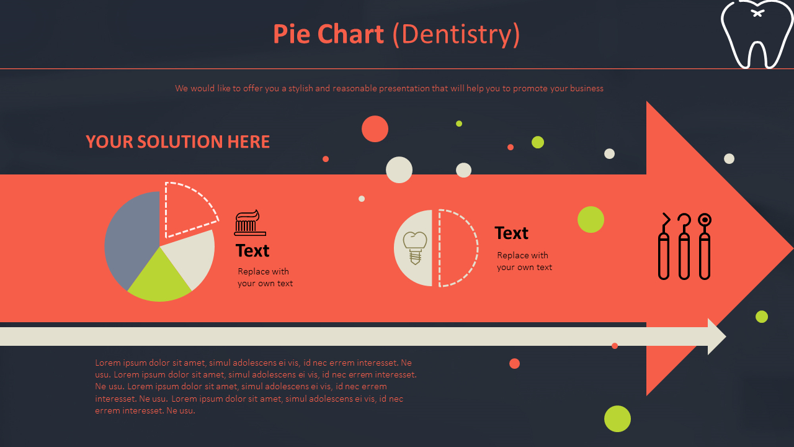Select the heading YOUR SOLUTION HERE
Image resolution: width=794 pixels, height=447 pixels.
(x=177, y=142)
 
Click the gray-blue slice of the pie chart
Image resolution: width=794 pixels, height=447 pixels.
(x=130, y=239)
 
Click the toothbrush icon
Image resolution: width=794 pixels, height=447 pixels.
(x=250, y=223)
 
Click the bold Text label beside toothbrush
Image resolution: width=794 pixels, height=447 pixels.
(x=252, y=251)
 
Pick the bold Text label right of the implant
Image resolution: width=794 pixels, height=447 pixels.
(x=511, y=233)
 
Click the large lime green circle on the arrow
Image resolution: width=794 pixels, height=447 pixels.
(x=591, y=219)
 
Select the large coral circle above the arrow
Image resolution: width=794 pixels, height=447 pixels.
(x=375, y=129)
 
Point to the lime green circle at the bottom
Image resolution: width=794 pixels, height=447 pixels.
(x=617, y=418)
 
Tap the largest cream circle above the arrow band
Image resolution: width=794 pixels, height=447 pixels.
(x=399, y=169)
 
